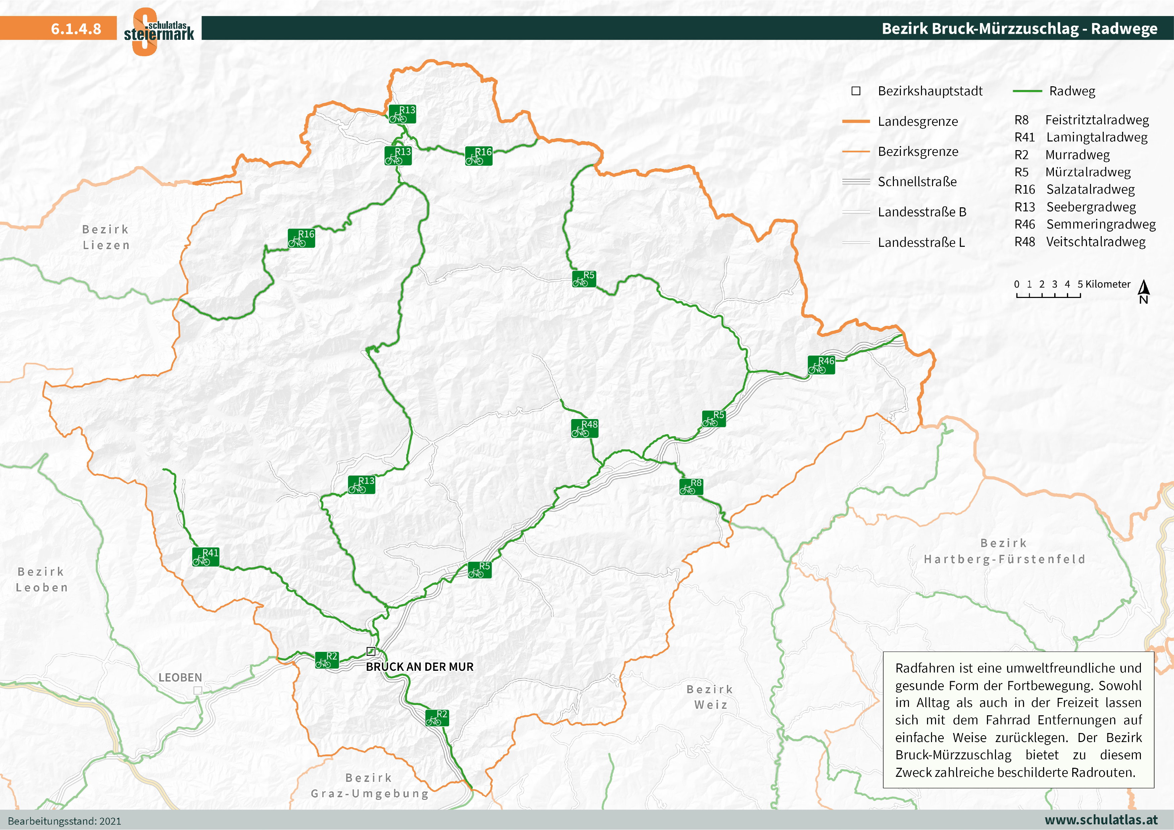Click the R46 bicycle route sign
point(821,365)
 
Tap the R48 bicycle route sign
point(584,428)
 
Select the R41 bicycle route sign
point(205,556)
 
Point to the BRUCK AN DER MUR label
point(419,667)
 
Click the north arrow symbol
point(1144,292)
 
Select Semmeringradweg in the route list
point(1100,224)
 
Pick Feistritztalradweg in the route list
point(1097,120)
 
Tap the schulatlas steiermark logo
point(159,32)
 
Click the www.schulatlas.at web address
point(1101,820)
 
